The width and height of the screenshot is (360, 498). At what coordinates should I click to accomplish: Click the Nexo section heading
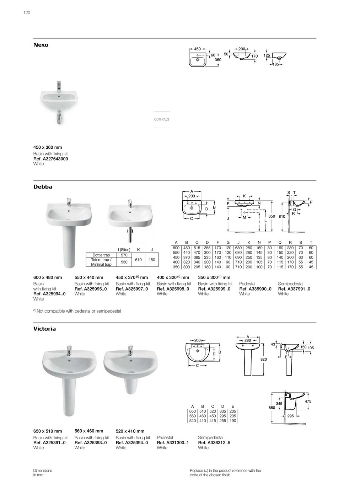coord(41,45)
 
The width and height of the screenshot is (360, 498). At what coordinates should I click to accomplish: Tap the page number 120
coord(27,13)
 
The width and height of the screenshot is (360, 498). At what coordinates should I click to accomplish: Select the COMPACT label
coord(162,120)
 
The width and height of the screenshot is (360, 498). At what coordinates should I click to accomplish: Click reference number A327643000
coord(50,159)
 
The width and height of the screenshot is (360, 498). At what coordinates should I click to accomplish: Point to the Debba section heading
coord(43,187)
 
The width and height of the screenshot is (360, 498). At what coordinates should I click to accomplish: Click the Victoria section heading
coord(44,329)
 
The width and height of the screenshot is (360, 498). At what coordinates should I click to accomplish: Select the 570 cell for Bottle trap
coord(124,255)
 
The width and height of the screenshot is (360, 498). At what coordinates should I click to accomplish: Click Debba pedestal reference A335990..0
coord(255,289)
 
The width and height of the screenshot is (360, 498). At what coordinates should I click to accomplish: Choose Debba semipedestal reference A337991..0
coord(294,289)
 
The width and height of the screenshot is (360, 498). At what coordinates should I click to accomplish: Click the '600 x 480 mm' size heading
coord(48,277)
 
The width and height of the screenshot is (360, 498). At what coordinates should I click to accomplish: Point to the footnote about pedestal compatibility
coord(77,311)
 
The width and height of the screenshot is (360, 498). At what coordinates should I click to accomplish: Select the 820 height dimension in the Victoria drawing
coord(264,360)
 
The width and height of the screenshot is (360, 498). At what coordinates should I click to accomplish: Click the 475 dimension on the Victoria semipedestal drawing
coord(308,401)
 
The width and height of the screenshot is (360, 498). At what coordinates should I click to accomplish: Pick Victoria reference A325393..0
coord(91,443)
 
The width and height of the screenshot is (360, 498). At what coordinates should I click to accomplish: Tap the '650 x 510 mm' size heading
coord(48,431)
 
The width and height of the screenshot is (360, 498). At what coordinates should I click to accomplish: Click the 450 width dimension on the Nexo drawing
coord(197,49)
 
